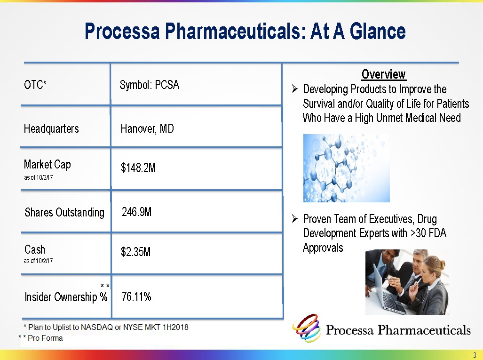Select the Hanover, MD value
147,128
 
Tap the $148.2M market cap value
138,168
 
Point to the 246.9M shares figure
137,212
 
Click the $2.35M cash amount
135,252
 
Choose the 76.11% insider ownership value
136,296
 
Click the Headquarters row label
51,128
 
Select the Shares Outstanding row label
64,212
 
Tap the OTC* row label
35,84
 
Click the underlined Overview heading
384,74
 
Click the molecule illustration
347,168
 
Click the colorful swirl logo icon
307,328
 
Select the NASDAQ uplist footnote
106,327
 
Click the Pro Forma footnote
40,338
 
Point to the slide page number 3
475,355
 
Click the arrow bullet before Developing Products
295,89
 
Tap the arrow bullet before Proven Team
295,219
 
